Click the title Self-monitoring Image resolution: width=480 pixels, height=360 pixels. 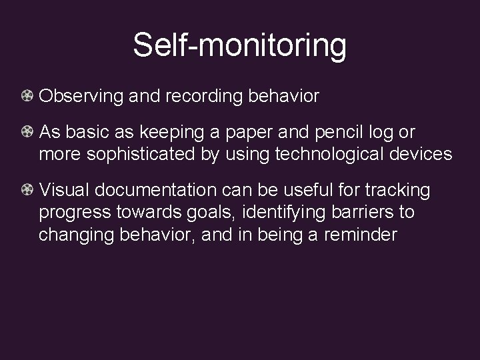pos(239,45)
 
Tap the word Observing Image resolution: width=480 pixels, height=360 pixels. pos(81,97)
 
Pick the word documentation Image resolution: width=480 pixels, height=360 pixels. pos(159,191)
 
